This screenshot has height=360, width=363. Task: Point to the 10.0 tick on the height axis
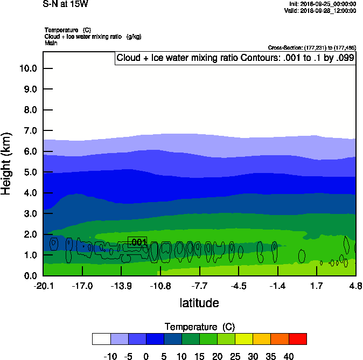(27, 68)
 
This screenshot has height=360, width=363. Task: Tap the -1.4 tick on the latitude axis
(277, 286)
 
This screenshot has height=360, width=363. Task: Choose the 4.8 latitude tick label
(355, 286)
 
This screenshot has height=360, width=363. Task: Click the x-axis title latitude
(199, 303)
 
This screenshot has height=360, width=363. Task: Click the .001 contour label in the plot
(138, 243)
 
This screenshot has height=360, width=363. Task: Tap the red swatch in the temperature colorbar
(297, 338)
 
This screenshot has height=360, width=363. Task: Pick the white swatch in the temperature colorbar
(101, 338)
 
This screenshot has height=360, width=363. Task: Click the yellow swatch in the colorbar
(244, 338)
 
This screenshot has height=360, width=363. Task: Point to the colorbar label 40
(289, 356)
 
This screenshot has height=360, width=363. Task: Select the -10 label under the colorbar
(110, 356)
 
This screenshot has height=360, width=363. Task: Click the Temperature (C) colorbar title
(200, 327)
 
